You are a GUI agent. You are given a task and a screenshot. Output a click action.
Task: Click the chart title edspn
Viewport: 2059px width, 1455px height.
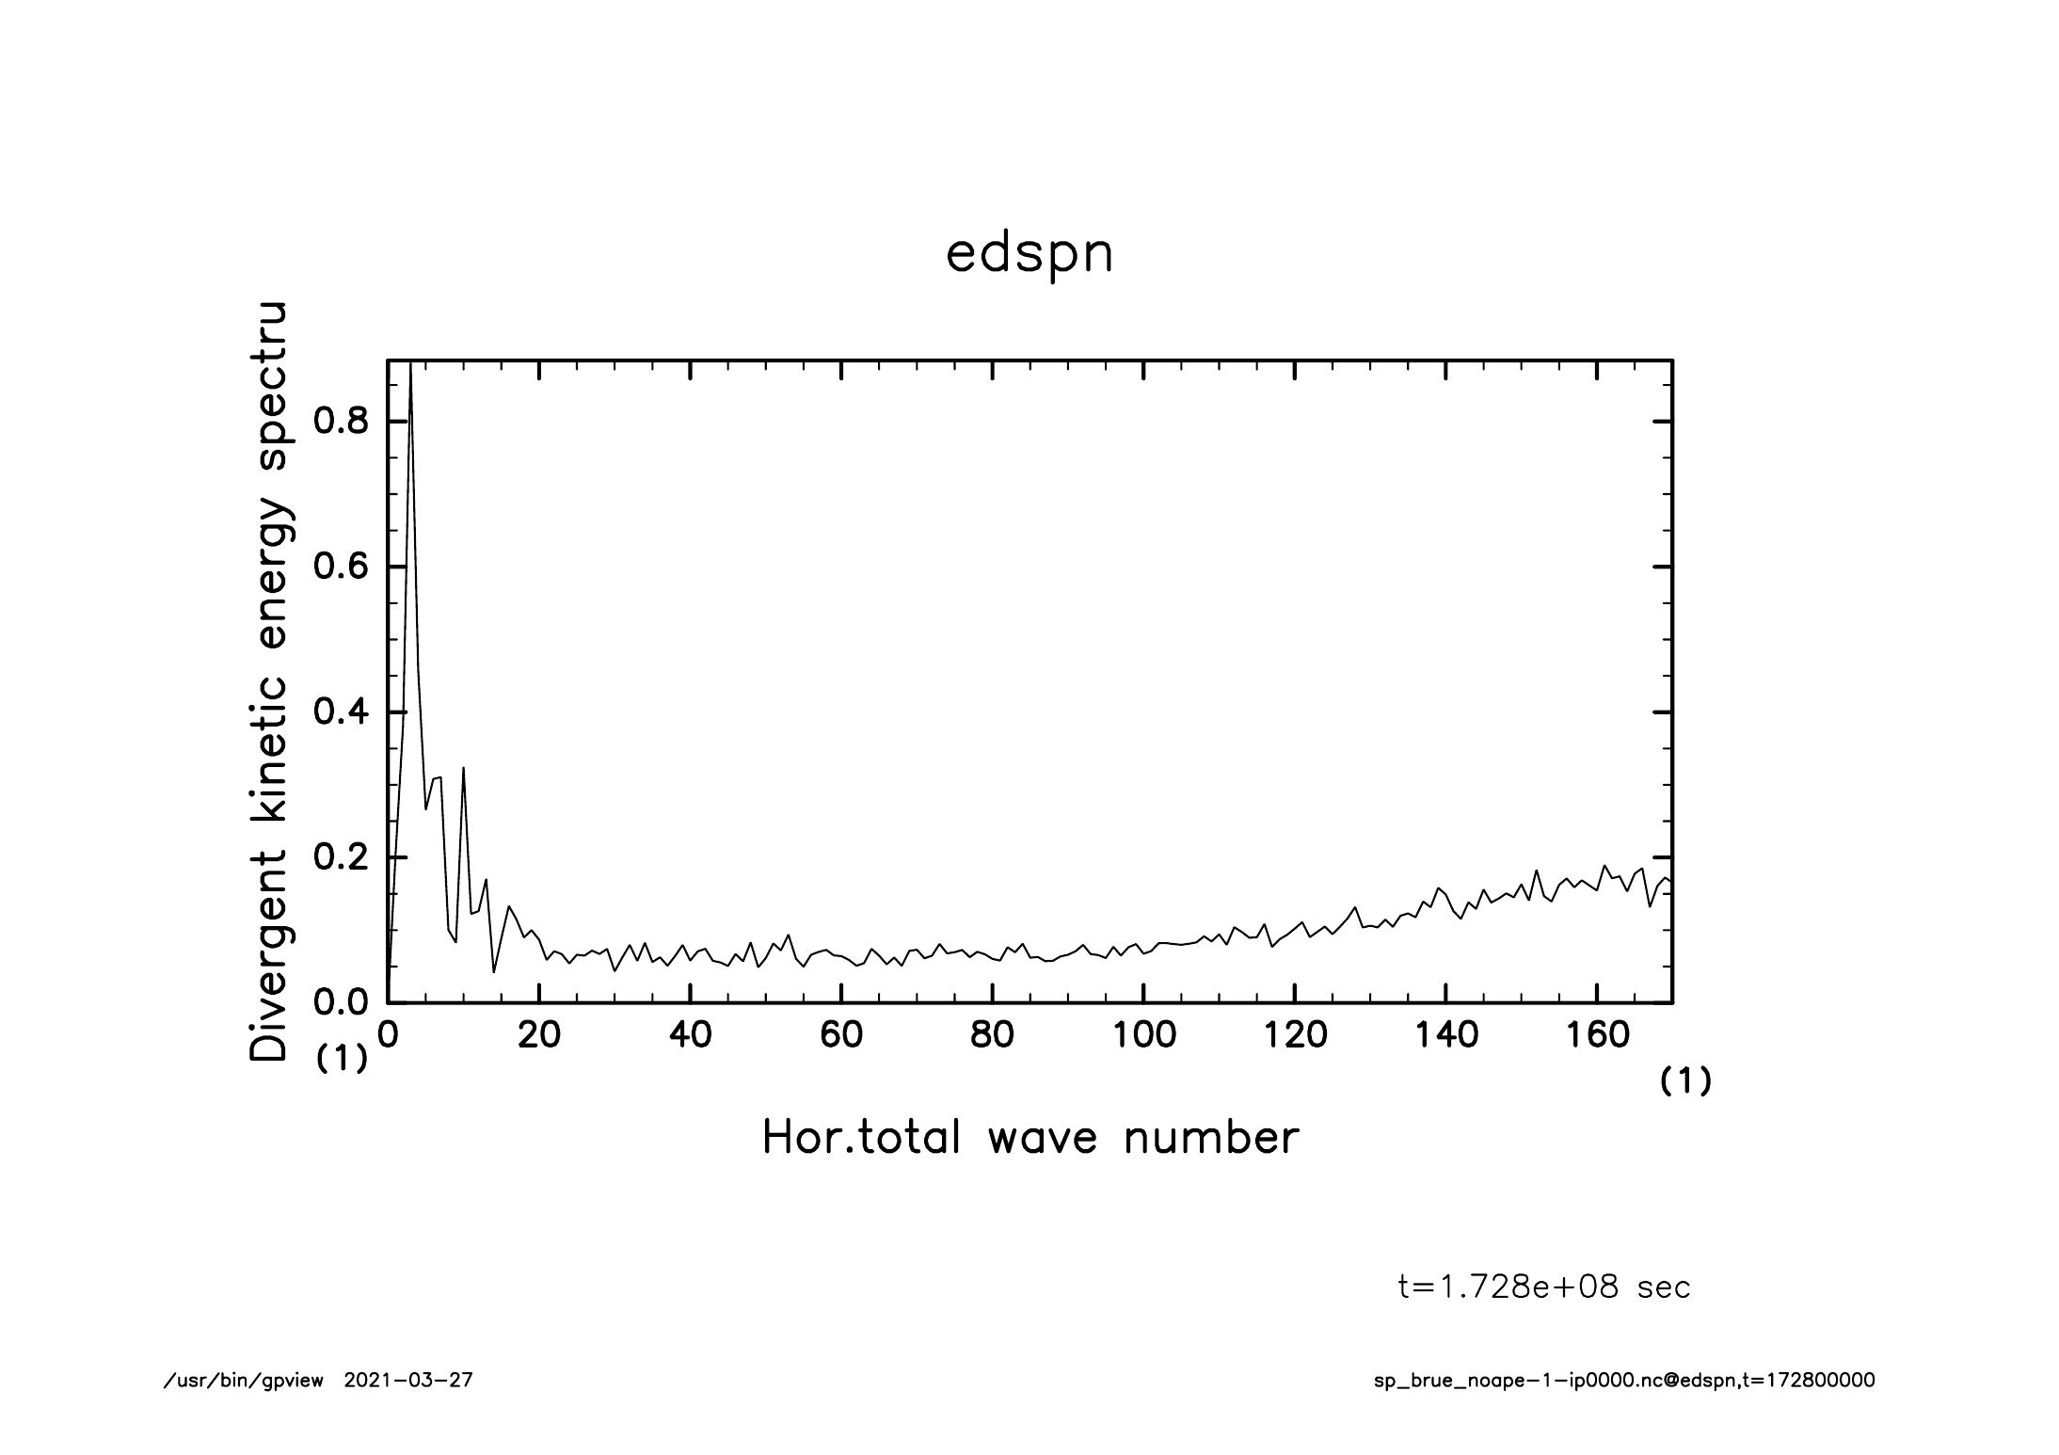(x=1029, y=254)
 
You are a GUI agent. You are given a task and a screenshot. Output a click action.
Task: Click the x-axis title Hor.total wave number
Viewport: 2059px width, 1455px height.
(x=1030, y=1138)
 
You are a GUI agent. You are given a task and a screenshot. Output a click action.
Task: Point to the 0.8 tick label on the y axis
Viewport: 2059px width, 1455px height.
(x=341, y=421)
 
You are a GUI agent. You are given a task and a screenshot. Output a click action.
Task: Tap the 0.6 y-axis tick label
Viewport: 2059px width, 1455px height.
(x=341, y=567)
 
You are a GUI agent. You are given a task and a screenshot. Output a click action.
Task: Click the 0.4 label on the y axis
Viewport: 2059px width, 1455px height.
(x=341, y=712)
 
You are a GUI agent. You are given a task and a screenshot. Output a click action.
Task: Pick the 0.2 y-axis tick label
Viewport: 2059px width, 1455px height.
(x=341, y=858)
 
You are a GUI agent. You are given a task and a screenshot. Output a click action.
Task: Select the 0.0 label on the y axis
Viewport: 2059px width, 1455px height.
(x=341, y=1003)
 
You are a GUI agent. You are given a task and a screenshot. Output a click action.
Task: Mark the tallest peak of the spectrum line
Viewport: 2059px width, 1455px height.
(x=410, y=365)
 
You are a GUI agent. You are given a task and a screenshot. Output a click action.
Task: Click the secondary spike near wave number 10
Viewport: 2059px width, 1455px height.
(x=463, y=769)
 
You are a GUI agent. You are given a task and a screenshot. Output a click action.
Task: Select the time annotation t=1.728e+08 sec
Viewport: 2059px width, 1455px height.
(x=1544, y=1287)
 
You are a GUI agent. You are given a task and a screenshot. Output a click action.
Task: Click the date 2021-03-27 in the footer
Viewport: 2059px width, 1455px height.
(x=408, y=1381)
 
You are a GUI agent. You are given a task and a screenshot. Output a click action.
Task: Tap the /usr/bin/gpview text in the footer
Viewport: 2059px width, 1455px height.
(x=244, y=1381)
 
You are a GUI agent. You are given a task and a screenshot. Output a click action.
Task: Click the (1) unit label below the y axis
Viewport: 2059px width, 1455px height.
(x=341, y=1059)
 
